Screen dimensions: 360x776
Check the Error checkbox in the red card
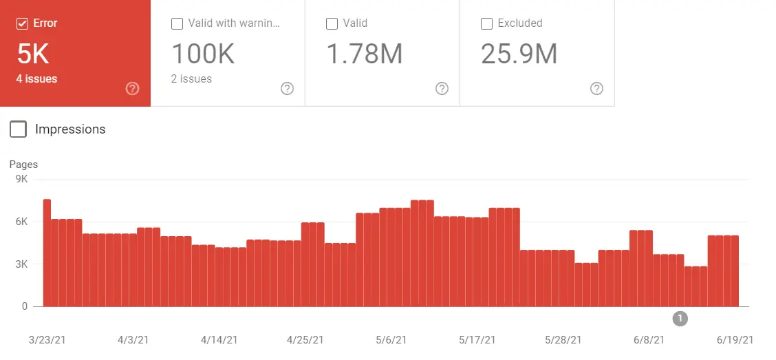pos(22,23)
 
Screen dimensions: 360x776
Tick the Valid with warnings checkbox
pos(177,23)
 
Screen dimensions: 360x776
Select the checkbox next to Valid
pos(332,23)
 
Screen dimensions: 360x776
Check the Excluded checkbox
pos(486,23)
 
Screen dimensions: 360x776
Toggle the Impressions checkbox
pos(19,129)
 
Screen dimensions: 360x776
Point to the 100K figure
pos(203,54)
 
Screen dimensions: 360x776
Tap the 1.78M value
pos(364,54)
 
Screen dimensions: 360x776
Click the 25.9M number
pos(519,54)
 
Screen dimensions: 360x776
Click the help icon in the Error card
pos(133,88)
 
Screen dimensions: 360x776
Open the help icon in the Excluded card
pos(596,88)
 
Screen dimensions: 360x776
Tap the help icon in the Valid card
pos(442,88)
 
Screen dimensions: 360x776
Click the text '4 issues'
pos(36,78)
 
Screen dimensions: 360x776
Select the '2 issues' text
pos(191,78)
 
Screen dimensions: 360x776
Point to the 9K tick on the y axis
pos(20,180)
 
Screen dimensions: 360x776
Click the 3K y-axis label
pos(20,264)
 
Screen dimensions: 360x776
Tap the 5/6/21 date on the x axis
pos(391,340)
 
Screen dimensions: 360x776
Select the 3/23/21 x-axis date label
pos(47,340)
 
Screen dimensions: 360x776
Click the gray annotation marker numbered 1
pos(680,318)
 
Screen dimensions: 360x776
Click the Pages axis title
pos(23,165)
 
